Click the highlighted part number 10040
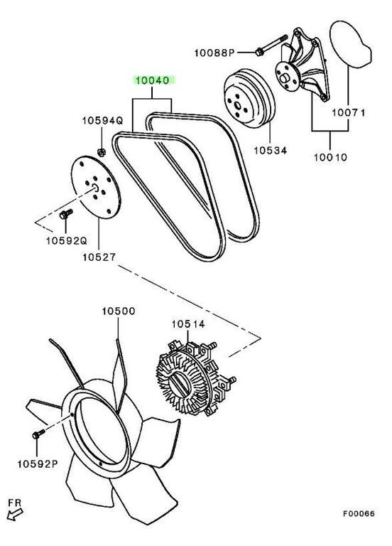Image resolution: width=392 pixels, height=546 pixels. click(152, 80)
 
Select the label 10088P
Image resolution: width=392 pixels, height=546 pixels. click(214, 53)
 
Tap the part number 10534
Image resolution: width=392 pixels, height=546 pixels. click(271, 151)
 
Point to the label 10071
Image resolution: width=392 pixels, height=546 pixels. click(348, 112)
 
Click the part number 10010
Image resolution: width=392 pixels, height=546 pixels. click(330, 157)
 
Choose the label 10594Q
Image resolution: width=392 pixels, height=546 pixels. click(102, 120)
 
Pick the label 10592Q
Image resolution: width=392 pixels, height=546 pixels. click(67, 240)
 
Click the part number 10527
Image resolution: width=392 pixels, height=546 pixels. click(99, 257)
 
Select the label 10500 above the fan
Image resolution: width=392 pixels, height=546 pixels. click(119, 311)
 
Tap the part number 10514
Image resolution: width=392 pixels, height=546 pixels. click(188, 324)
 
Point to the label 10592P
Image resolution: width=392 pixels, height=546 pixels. click(38, 464)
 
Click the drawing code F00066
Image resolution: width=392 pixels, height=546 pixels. click(359, 513)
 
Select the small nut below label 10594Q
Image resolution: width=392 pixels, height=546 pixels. click(102, 152)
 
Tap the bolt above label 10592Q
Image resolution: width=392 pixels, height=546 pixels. click(65, 213)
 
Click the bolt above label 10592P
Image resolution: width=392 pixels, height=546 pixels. click(38, 434)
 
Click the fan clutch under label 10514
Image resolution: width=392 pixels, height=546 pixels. click(195, 378)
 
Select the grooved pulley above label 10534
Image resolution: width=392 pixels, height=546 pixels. click(249, 98)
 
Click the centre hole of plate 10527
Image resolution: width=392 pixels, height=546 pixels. click(95, 188)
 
